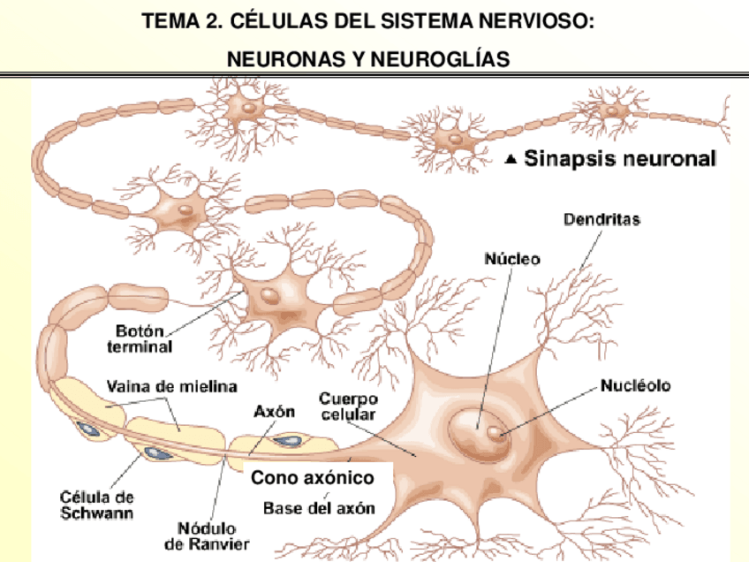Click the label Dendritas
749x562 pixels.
coord(602,218)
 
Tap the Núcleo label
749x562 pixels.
coord(512,259)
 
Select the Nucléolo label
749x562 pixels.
coord(636,385)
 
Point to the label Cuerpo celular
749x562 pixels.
coord(348,406)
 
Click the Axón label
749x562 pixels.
coord(274,412)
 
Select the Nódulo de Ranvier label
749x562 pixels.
coord(212,535)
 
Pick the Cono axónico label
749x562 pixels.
coord(313,478)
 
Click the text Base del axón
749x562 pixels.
coord(319,508)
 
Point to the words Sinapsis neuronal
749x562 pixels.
coord(620,160)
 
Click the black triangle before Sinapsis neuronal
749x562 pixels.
coord(511,161)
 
